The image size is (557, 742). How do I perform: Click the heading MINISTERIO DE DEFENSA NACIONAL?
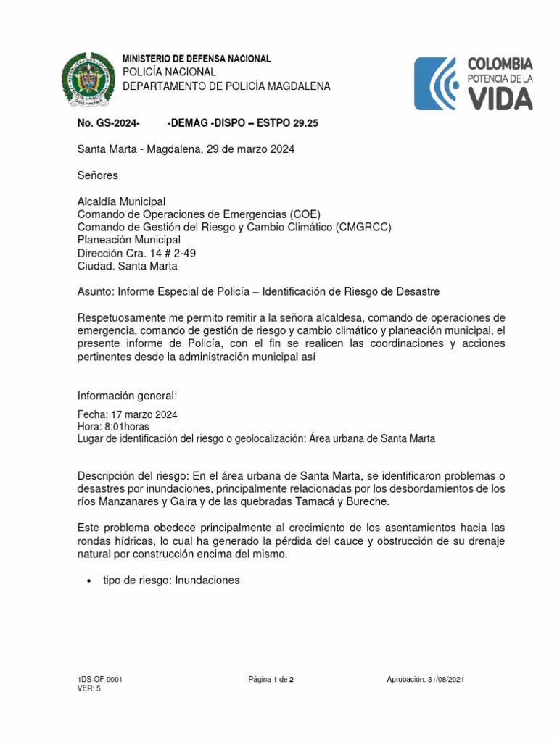point(197,59)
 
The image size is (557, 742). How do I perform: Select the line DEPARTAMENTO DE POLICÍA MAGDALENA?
point(226,86)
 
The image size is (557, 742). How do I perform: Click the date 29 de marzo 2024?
point(250,149)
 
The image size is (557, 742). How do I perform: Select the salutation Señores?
point(97,175)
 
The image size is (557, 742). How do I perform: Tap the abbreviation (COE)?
point(305,214)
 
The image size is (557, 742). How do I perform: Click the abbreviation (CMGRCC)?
point(364,227)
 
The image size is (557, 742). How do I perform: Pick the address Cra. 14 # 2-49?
point(160,253)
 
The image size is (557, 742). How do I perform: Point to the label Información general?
point(127,396)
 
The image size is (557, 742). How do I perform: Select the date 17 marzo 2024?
point(144,414)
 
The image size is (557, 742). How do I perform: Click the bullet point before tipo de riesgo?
point(88,581)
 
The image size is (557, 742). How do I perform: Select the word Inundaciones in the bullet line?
point(207,580)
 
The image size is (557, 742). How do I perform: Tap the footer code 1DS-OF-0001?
point(100,680)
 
